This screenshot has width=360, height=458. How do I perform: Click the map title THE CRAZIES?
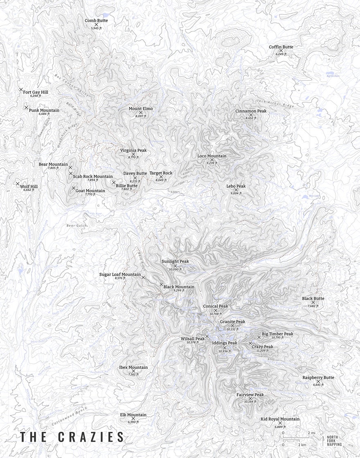click(x=72, y=436)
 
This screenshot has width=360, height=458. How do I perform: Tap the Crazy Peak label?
click(x=262, y=347)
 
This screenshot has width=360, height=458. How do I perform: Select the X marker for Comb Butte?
click(x=96, y=25)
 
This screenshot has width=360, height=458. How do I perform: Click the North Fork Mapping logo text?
click(x=334, y=441)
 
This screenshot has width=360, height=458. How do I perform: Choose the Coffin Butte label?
click(x=281, y=47)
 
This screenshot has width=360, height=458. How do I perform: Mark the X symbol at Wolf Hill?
click(x=18, y=184)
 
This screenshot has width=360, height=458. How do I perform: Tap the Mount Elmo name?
click(x=141, y=108)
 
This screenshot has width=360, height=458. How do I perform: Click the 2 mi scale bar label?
click(x=311, y=433)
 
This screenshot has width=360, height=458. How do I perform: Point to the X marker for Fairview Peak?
click(x=250, y=398)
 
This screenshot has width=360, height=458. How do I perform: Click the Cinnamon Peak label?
click(x=251, y=111)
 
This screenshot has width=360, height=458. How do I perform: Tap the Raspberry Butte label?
click(x=318, y=377)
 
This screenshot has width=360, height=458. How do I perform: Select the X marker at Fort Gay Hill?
click(x=21, y=89)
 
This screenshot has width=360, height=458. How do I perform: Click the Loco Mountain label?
click(x=211, y=156)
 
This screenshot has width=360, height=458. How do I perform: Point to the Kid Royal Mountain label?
click(x=280, y=419)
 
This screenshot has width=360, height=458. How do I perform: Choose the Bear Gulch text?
click(x=74, y=225)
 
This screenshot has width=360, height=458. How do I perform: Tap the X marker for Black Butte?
click(x=313, y=302)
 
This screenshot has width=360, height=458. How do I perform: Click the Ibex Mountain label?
click(x=133, y=367)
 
